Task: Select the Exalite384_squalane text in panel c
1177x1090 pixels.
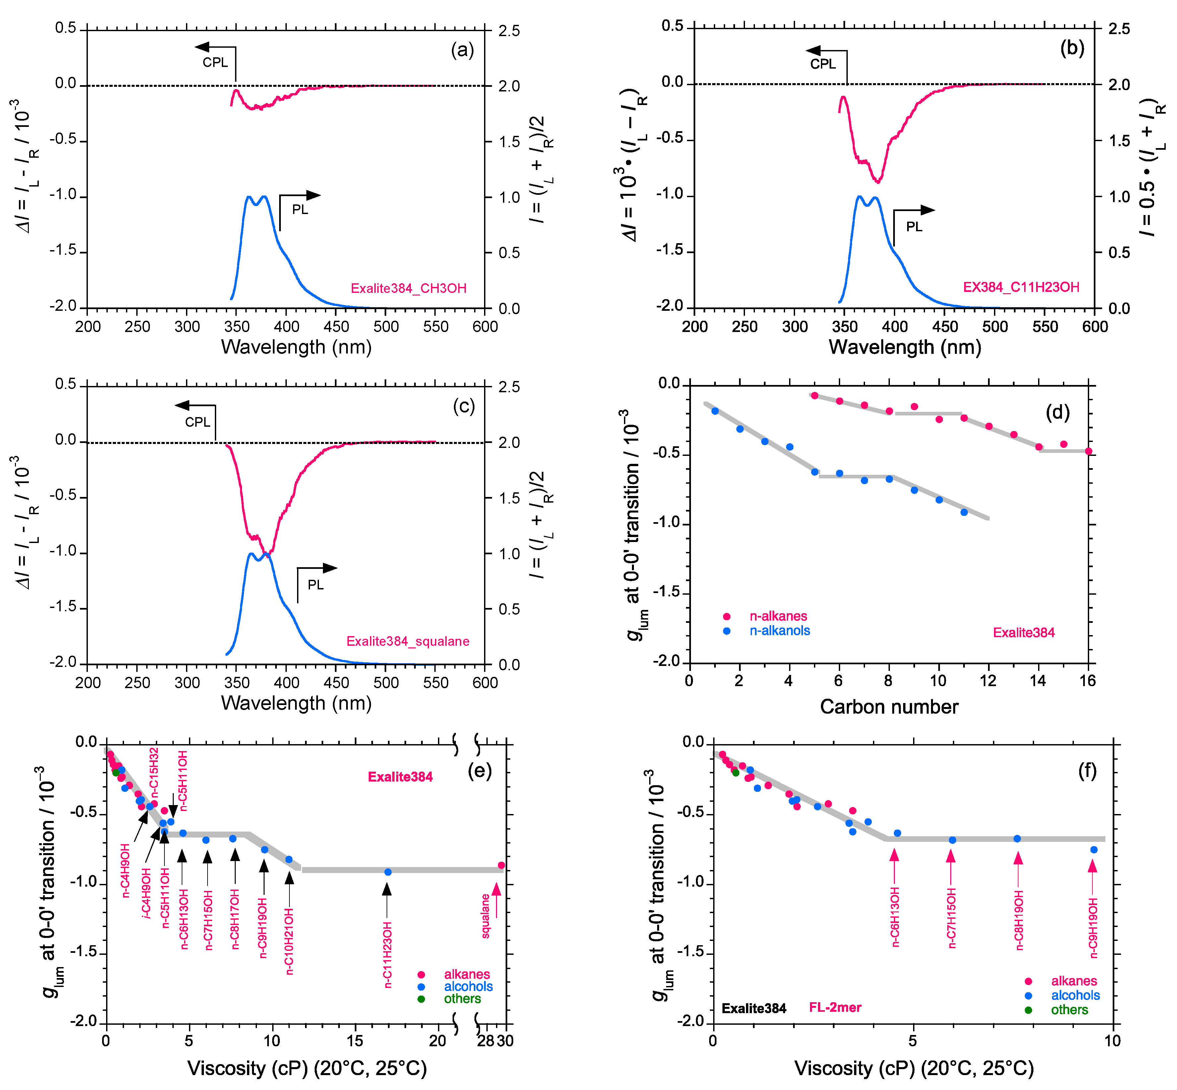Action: point(408,641)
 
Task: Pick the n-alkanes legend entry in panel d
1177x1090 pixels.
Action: point(778,616)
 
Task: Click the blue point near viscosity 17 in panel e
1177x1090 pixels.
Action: point(388,872)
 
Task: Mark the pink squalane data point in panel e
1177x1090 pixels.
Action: point(501,865)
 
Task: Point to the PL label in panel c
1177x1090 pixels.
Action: point(315,584)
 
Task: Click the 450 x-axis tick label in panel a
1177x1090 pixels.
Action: point(337,327)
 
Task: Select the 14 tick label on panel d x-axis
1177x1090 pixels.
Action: point(1038,681)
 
